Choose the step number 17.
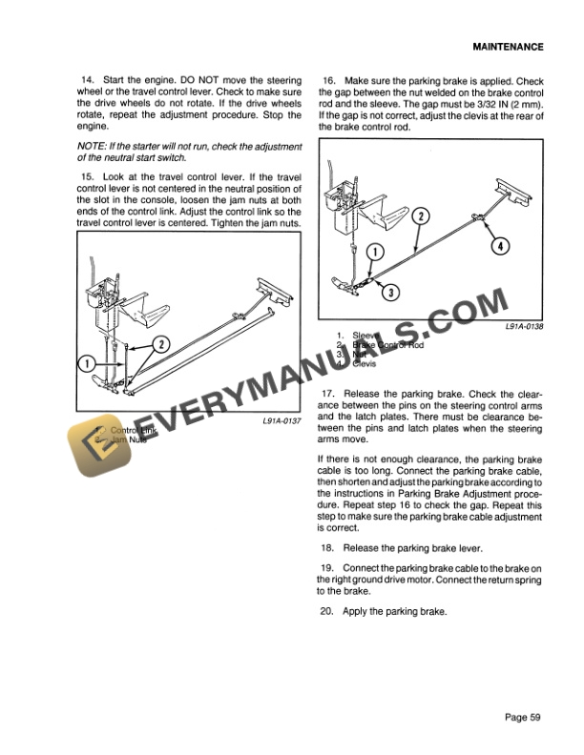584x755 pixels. pos(329,393)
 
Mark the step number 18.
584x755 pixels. pos(329,547)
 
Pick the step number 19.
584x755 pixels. pos(329,568)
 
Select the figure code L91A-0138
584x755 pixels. pos(524,325)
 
